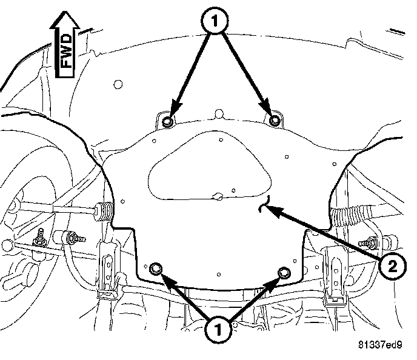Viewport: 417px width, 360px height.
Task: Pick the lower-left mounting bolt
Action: (x=156, y=269)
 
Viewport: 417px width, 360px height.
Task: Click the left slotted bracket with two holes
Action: (x=107, y=267)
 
